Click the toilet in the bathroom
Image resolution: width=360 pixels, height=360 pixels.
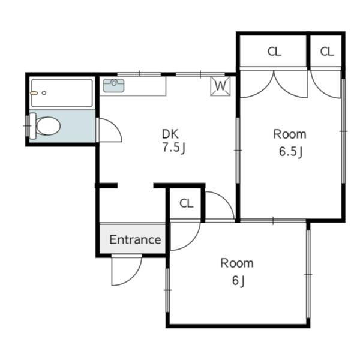point(46,126)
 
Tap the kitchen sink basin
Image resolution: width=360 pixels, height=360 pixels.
point(113,86)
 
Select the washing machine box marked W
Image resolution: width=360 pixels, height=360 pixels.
point(220,86)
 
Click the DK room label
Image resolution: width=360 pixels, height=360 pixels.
point(170,134)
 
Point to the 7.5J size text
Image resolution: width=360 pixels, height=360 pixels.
point(174,148)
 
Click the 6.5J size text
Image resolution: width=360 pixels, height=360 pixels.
point(290,152)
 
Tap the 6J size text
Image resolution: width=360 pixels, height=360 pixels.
point(239,281)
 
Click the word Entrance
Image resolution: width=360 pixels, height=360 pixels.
point(135,240)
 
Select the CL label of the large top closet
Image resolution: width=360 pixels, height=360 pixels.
point(274,52)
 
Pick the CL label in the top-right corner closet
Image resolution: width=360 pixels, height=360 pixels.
point(327,52)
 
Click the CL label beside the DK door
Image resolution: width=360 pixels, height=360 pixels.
point(187,203)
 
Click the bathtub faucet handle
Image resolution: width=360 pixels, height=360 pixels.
point(34,93)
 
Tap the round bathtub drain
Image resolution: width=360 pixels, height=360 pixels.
point(44,93)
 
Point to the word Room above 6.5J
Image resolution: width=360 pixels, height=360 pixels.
point(290,134)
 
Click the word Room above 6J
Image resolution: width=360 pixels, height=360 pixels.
point(237,263)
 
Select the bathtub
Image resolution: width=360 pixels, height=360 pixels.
point(62,93)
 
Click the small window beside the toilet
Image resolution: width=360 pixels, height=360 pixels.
point(27,126)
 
